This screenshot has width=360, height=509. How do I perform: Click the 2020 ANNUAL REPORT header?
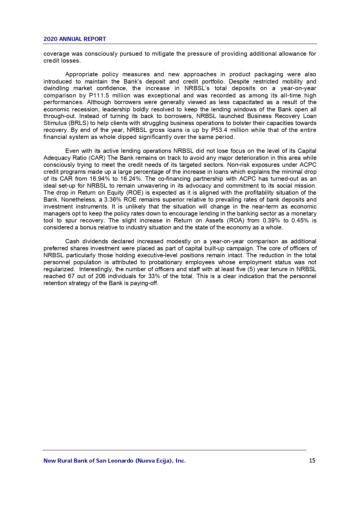point(75,39)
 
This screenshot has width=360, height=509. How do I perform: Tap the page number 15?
point(312,461)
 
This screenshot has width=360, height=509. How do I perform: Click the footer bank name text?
point(115,461)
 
